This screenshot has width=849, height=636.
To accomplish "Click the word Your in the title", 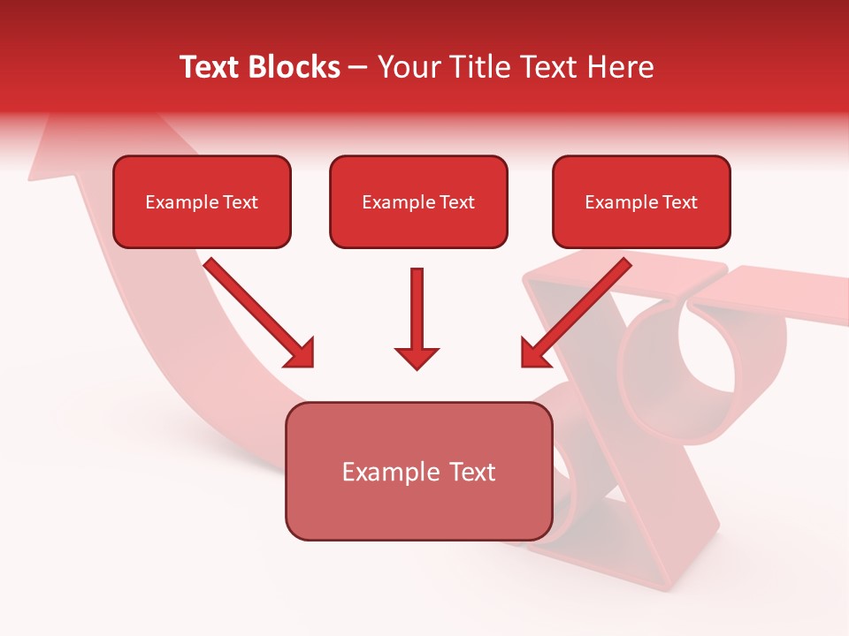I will (x=407, y=67).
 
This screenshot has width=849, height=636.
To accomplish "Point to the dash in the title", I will (x=358, y=68).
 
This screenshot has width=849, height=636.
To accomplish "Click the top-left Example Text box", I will (x=202, y=201).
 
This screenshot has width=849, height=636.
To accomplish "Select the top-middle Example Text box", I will (x=418, y=201).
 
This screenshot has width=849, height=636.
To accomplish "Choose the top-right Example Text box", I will (x=641, y=201).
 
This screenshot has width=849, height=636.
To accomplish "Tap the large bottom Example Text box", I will (x=418, y=471).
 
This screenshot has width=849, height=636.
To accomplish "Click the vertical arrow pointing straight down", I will (x=417, y=309).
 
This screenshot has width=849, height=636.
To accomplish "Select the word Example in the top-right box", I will (x=615, y=202).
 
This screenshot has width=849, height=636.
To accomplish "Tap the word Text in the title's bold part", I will (x=212, y=67).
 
